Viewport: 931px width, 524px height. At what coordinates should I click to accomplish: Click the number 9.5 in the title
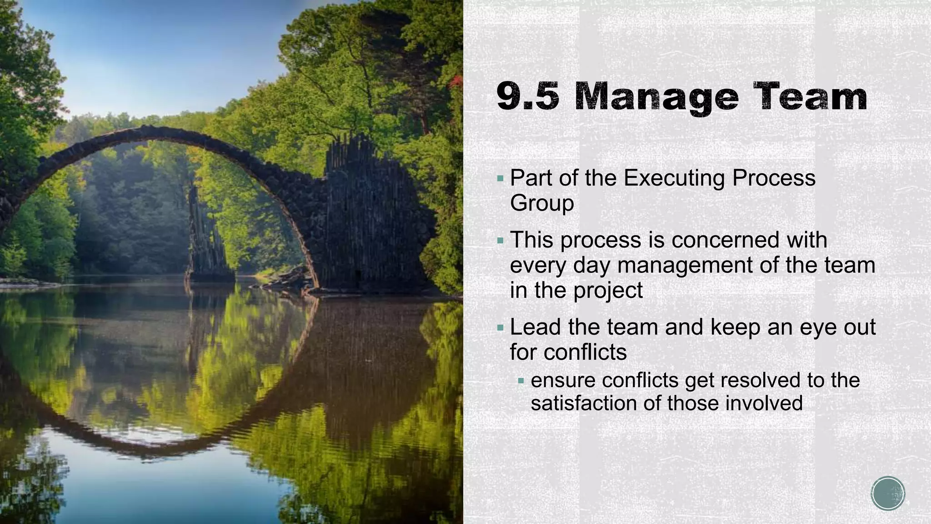527,97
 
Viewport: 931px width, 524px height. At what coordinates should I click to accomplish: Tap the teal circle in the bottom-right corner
888,493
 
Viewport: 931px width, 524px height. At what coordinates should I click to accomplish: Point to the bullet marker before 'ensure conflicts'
521,380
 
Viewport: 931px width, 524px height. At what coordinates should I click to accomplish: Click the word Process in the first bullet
774,178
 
